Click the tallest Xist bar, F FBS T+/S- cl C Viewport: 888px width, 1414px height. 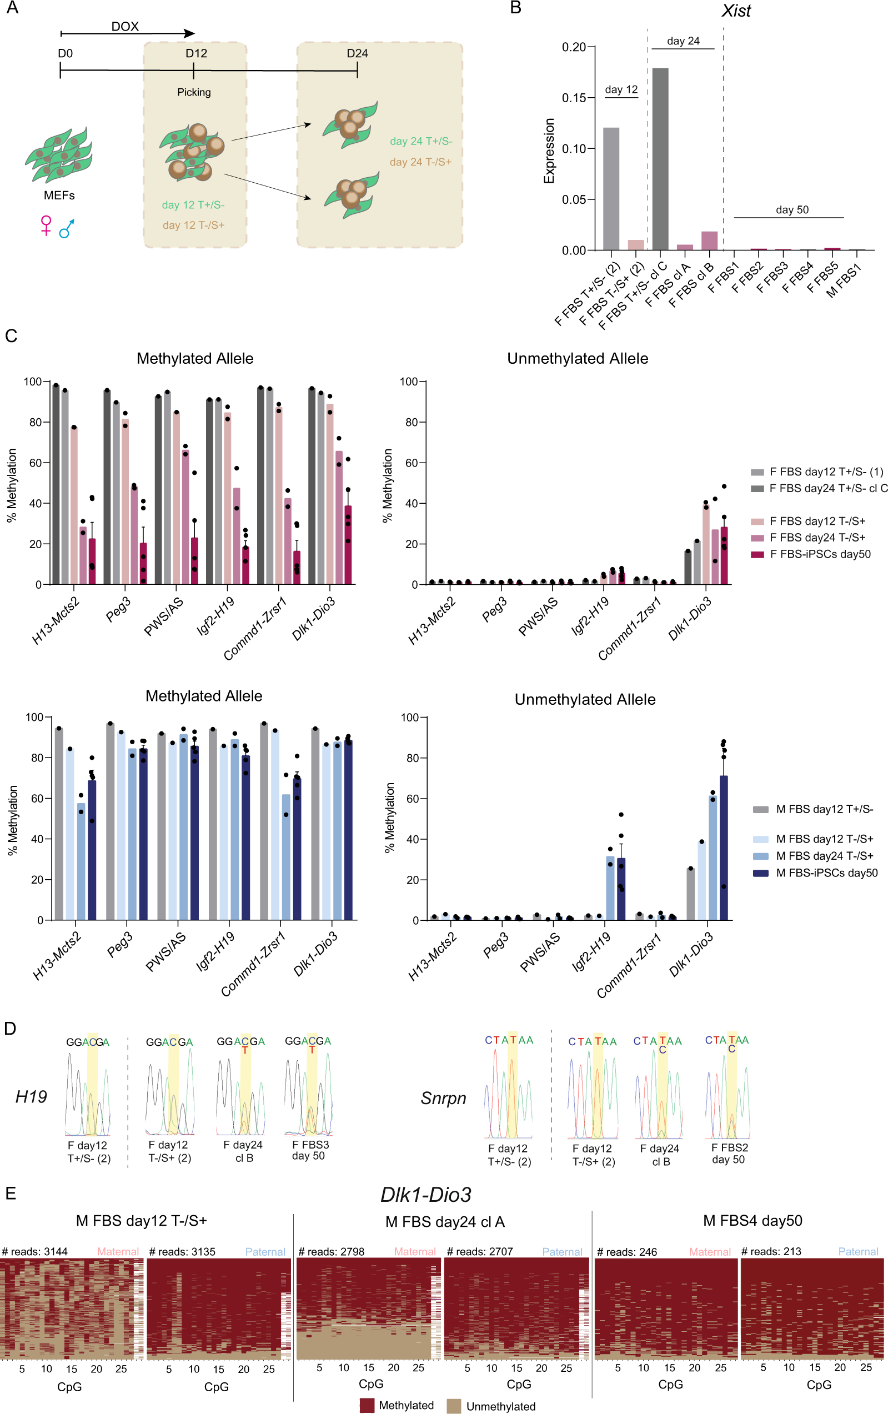pyautogui.click(x=660, y=158)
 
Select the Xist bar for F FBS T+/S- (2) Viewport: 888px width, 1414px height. pyautogui.click(x=611, y=188)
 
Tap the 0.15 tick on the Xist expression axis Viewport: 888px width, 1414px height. pyautogui.click(x=574, y=98)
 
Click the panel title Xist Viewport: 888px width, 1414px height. pyautogui.click(x=735, y=11)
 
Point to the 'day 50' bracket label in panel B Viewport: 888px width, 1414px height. pyautogui.click(x=792, y=209)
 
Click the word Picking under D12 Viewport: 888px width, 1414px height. pyautogui.click(x=194, y=92)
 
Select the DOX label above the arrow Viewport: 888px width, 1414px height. pyautogui.click(x=125, y=27)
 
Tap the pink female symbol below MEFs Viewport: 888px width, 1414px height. pyautogui.click(x=46, y=225)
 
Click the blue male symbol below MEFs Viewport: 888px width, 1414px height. pyautogui.click(x=67, y=228)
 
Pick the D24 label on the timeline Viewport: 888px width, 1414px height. pyautogui.click(x=357, y=53)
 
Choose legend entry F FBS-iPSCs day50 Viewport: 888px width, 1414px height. pyautogui.click(x=820, y=554)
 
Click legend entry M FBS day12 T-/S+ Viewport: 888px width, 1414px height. pyautogui.click(x=824, y=839)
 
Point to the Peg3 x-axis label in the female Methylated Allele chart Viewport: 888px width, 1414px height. pyautogui.click(x=118, y=609)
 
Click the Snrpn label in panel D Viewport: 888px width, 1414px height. pyautogui.click(x=443, y=1098)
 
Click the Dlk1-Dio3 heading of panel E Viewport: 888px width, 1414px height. pyautogui.click(x=426, y=1195)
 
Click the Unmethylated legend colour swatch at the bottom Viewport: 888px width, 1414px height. pyautogui.click(x=453, y=1405)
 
